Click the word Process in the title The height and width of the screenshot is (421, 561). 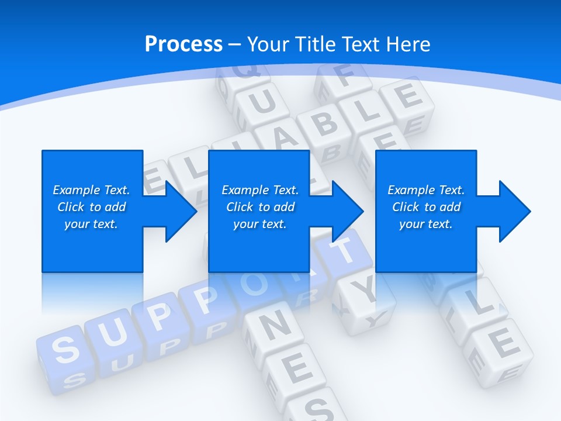(183, 44)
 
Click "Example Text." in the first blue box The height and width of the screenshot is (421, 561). (91, 190)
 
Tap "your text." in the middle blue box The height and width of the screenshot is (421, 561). (259, 224)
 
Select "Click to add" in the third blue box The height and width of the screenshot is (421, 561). (426, 207)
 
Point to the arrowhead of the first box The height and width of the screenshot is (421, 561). (181, 211)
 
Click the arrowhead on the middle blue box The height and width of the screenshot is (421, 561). (348, 211)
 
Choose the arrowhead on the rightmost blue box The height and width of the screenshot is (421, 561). (515, 211)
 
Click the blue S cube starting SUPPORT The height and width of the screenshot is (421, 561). (66, 349)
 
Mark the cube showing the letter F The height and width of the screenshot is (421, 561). (342, 79)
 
